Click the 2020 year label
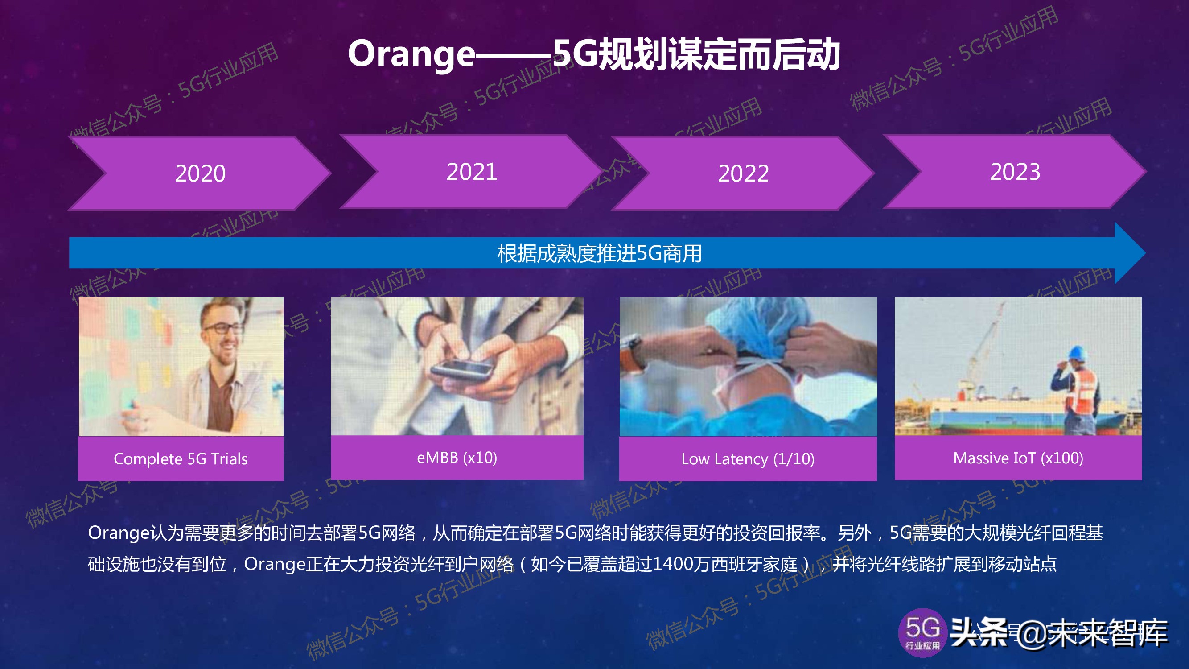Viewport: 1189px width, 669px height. [200, 173]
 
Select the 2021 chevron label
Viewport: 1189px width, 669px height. [472, 172]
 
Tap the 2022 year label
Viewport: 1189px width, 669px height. [743, 173]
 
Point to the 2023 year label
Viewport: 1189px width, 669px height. [1015, 172]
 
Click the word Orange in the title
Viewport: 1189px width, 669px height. [411, 54]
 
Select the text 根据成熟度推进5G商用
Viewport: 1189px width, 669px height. [599, 253]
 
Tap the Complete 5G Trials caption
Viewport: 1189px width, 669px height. [181, 459]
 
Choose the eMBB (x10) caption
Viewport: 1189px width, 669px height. [457, 458]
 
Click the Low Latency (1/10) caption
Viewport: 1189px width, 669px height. [748, 459]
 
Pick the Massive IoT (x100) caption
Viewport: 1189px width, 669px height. [1018, 458]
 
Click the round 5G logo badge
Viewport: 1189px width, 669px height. [922, 632]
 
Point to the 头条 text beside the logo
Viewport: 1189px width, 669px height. [979, 632]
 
